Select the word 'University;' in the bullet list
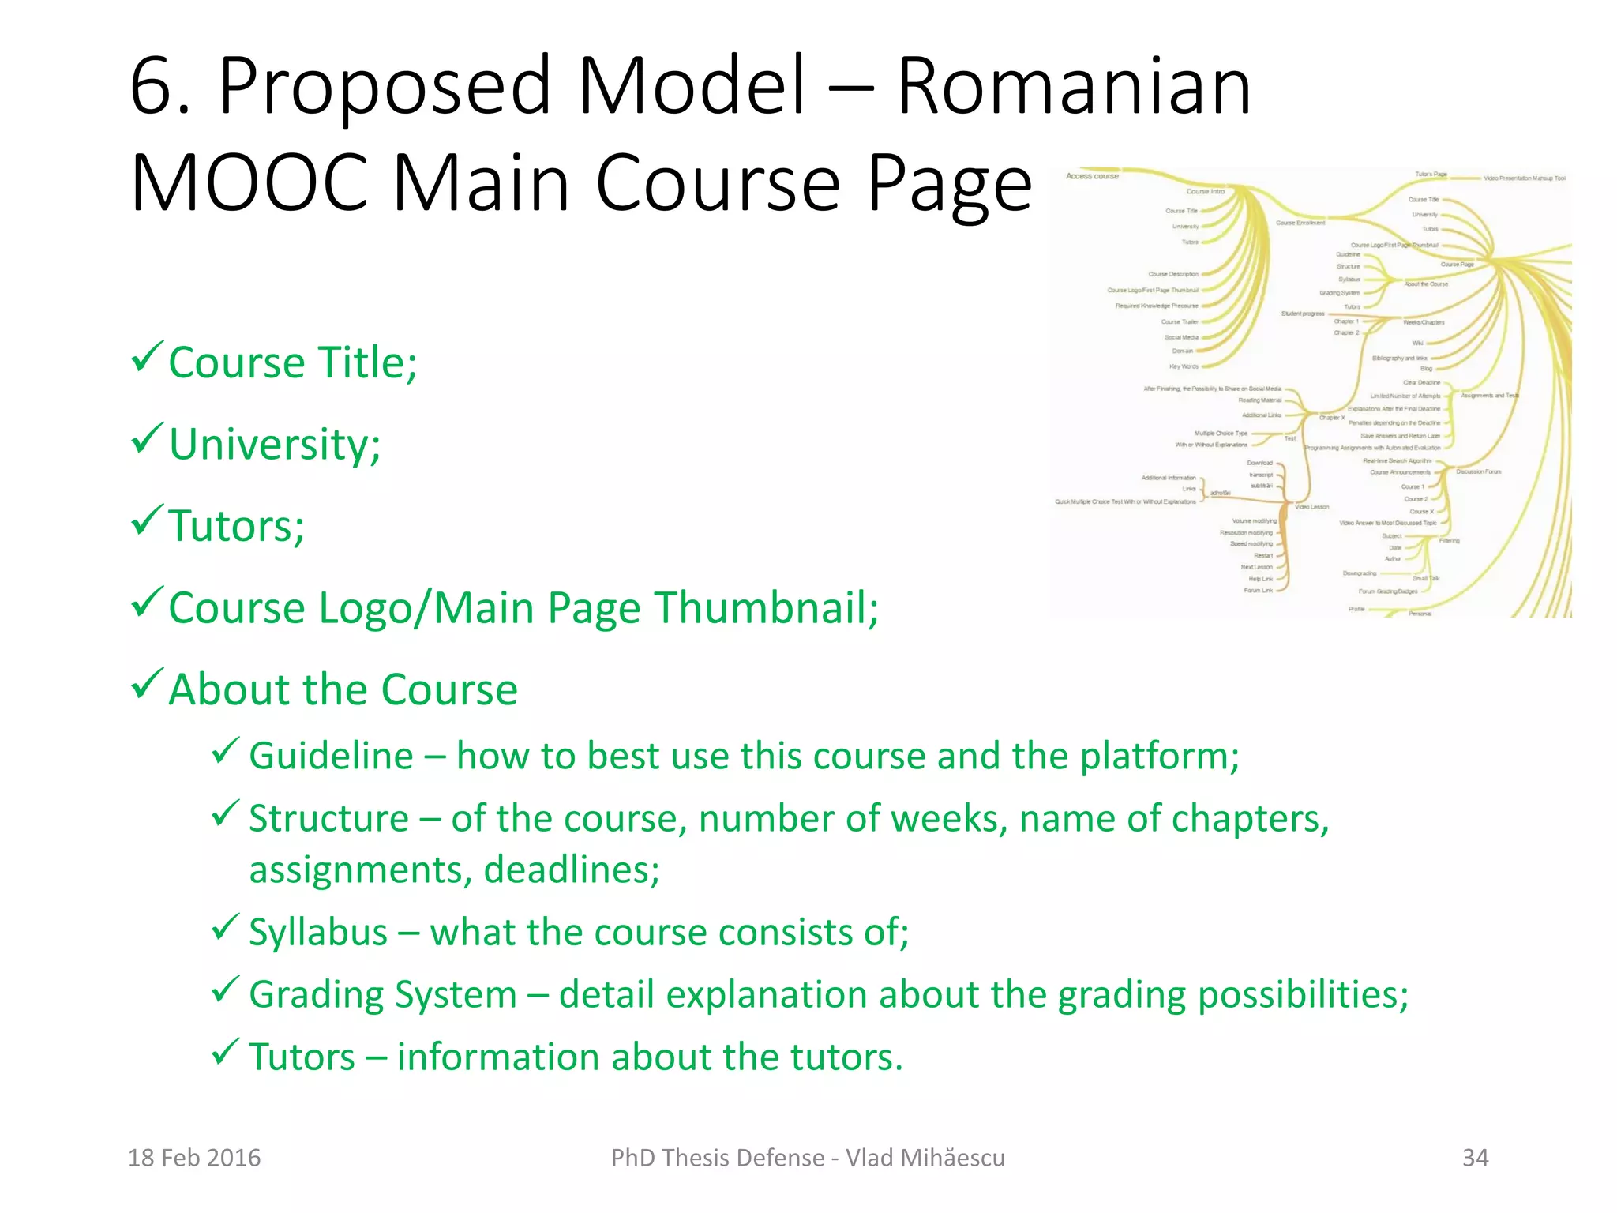[275, 444]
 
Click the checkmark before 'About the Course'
[147, 683]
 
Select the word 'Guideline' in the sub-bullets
[331, 756]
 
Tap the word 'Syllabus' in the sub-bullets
[318, 932]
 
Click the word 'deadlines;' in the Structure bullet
[572, 869]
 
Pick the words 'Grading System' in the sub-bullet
[383, 994]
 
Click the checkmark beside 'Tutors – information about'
[225, 1051]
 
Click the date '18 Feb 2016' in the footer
[194, 1158]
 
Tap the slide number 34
[1475, 1158]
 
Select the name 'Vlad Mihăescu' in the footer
[925, 1158]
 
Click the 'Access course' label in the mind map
[1092, 176]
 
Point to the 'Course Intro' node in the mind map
[1205, 191]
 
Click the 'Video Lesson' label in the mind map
[1312, 507]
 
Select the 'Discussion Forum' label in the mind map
[1479, 471]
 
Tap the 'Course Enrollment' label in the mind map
[1300, 223]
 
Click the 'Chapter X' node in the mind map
[1332, 417]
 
